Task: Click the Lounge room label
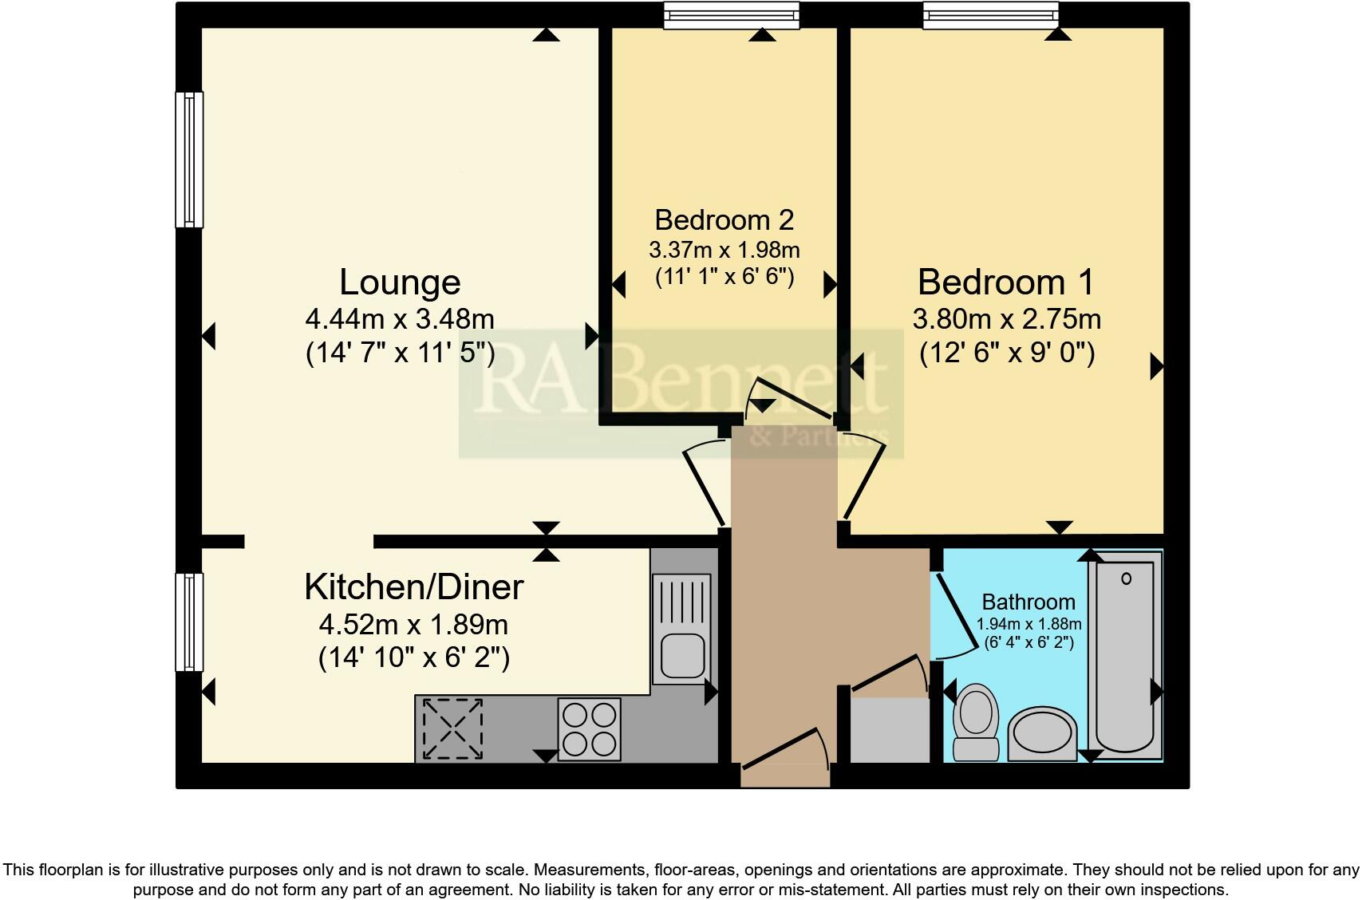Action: click(400, 282)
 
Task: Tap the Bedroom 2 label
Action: click(724, 219)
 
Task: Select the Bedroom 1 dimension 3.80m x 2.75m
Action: click(1007, 319)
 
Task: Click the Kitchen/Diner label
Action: click(413, 587)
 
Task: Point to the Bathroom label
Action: click(1028, 602)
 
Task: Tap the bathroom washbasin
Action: click(1043, 732)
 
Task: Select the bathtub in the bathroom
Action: click(1125, 658)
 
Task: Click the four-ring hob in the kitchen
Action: click(590, 728)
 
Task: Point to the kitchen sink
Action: click(681, 630)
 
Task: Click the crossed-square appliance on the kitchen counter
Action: click(452, 728)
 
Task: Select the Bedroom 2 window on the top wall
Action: click(731, 15)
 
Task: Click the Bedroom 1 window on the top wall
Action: click(990, 15)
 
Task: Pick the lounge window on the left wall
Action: click(189, 160)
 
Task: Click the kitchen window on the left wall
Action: click(189, 622)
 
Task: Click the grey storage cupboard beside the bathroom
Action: click(890, 730)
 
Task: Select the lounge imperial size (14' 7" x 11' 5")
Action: click(400, 353)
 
